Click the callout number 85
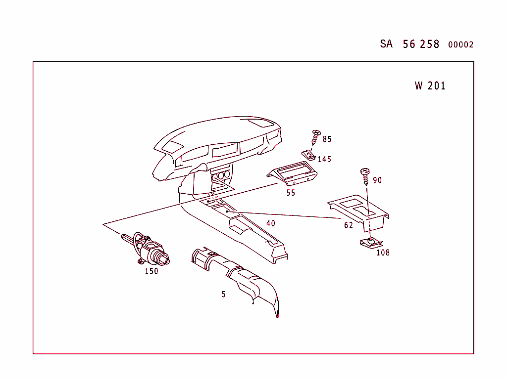(327, 139)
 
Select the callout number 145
(324, 160)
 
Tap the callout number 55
(291, 193)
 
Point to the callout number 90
(377, 180)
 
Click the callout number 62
(349, 225)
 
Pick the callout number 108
(383, 253)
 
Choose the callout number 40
(270, 223)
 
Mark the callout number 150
(152, 271)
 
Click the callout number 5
(224, 295)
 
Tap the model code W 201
(430, 86)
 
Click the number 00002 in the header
(460, 45)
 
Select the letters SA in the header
(386, 44)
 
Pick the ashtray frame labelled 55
(292, 174)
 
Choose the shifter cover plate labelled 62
(359, 211)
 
